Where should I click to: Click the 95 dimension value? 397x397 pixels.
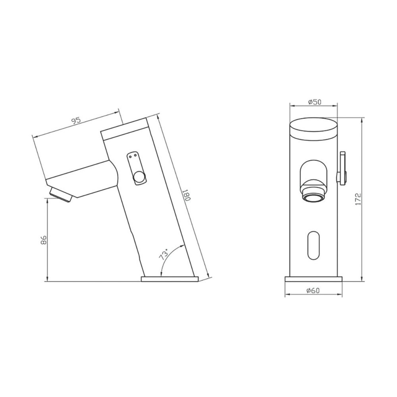(75, 120)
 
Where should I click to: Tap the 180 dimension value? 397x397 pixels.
(186, 195)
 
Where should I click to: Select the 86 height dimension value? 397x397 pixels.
(44, 239)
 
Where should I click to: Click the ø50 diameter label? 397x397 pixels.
(315, 102)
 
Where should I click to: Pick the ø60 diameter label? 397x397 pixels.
(313, 291)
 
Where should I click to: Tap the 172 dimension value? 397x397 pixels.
(358, 199)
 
